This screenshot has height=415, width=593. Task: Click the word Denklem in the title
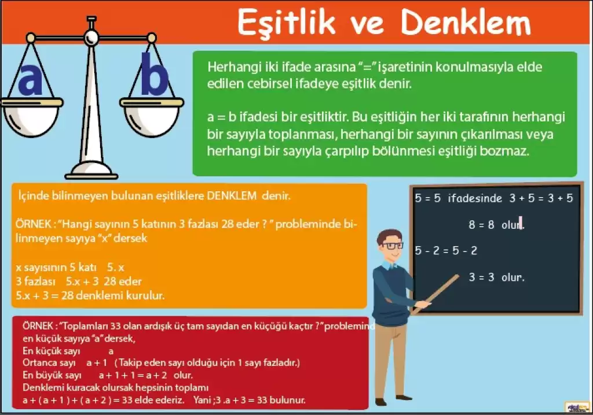pos(466,22)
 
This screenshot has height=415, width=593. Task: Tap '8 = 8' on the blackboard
pos(481,225)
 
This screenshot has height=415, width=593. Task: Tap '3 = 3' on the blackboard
pos(481,277)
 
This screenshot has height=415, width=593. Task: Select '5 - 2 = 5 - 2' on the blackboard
pos(446,250)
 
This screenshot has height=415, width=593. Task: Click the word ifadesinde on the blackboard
pos(475,198)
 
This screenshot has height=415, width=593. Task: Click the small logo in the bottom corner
pos(577,407)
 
